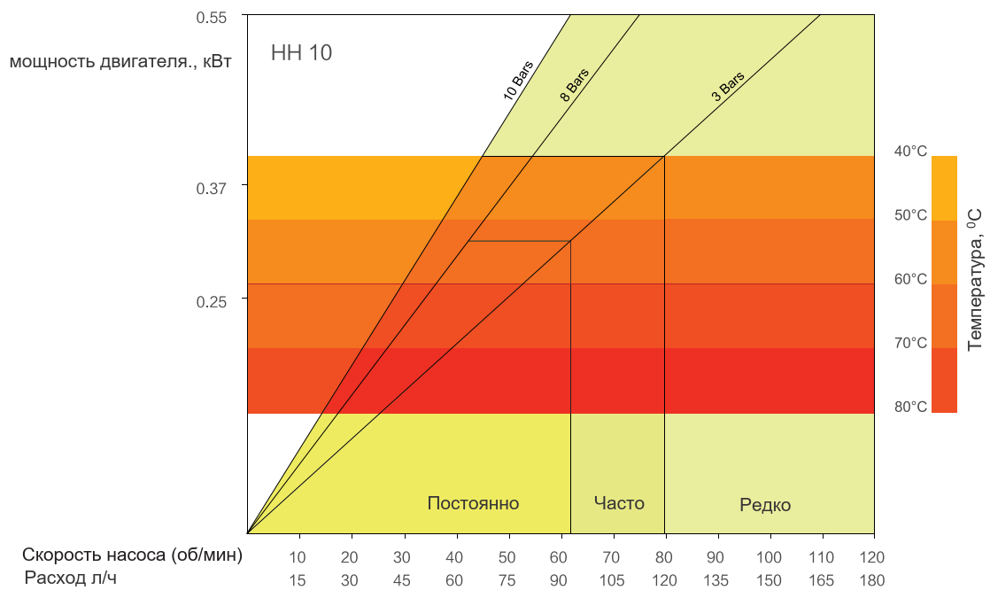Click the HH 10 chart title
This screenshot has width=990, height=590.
(301, 52)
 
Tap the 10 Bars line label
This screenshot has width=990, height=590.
(518, 81)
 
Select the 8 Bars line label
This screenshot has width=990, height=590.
(574, 85)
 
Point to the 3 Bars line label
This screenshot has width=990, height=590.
(728, 87)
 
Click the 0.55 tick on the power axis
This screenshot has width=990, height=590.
(211, 17)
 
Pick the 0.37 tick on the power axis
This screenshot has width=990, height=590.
(211, 188)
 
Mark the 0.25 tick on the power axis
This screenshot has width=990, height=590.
(211, 301)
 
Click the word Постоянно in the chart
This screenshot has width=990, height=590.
(473, 503)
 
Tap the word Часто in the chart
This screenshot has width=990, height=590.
(619, 503)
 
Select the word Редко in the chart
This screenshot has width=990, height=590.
(765, 505)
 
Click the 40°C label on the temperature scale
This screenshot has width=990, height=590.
(910, 151)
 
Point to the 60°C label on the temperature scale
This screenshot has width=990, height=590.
(910, 278)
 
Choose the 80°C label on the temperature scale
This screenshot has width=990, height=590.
(910, 406)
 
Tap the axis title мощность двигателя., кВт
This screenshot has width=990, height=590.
(120, 62)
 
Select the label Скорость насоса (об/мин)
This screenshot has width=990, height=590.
(132, 555)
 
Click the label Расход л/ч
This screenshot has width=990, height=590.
(70, 578)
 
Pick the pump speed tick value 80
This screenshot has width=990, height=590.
(663, 557)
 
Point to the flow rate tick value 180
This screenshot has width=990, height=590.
(872, 580)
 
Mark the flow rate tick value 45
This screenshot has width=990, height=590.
(401, 580)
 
